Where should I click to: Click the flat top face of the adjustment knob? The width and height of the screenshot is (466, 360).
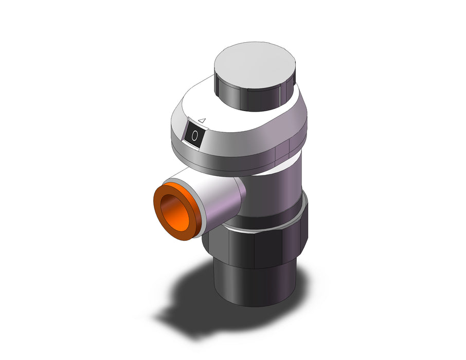coord(255,64)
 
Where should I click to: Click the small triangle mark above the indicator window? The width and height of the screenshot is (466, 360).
coord(202,120)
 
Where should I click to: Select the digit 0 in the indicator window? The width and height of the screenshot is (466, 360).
coord(194,136)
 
